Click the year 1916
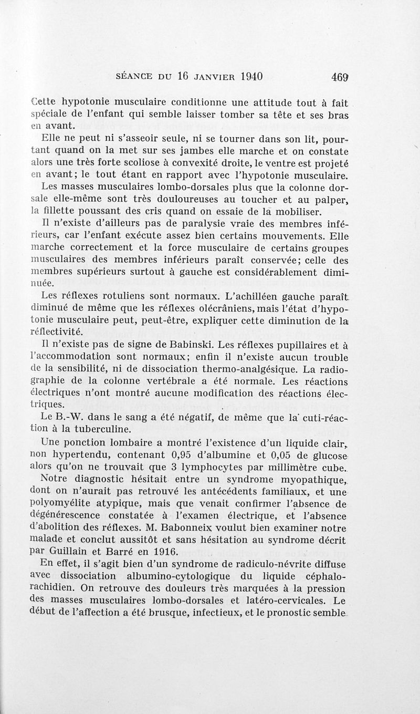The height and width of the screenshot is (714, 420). tap(165, 551)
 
